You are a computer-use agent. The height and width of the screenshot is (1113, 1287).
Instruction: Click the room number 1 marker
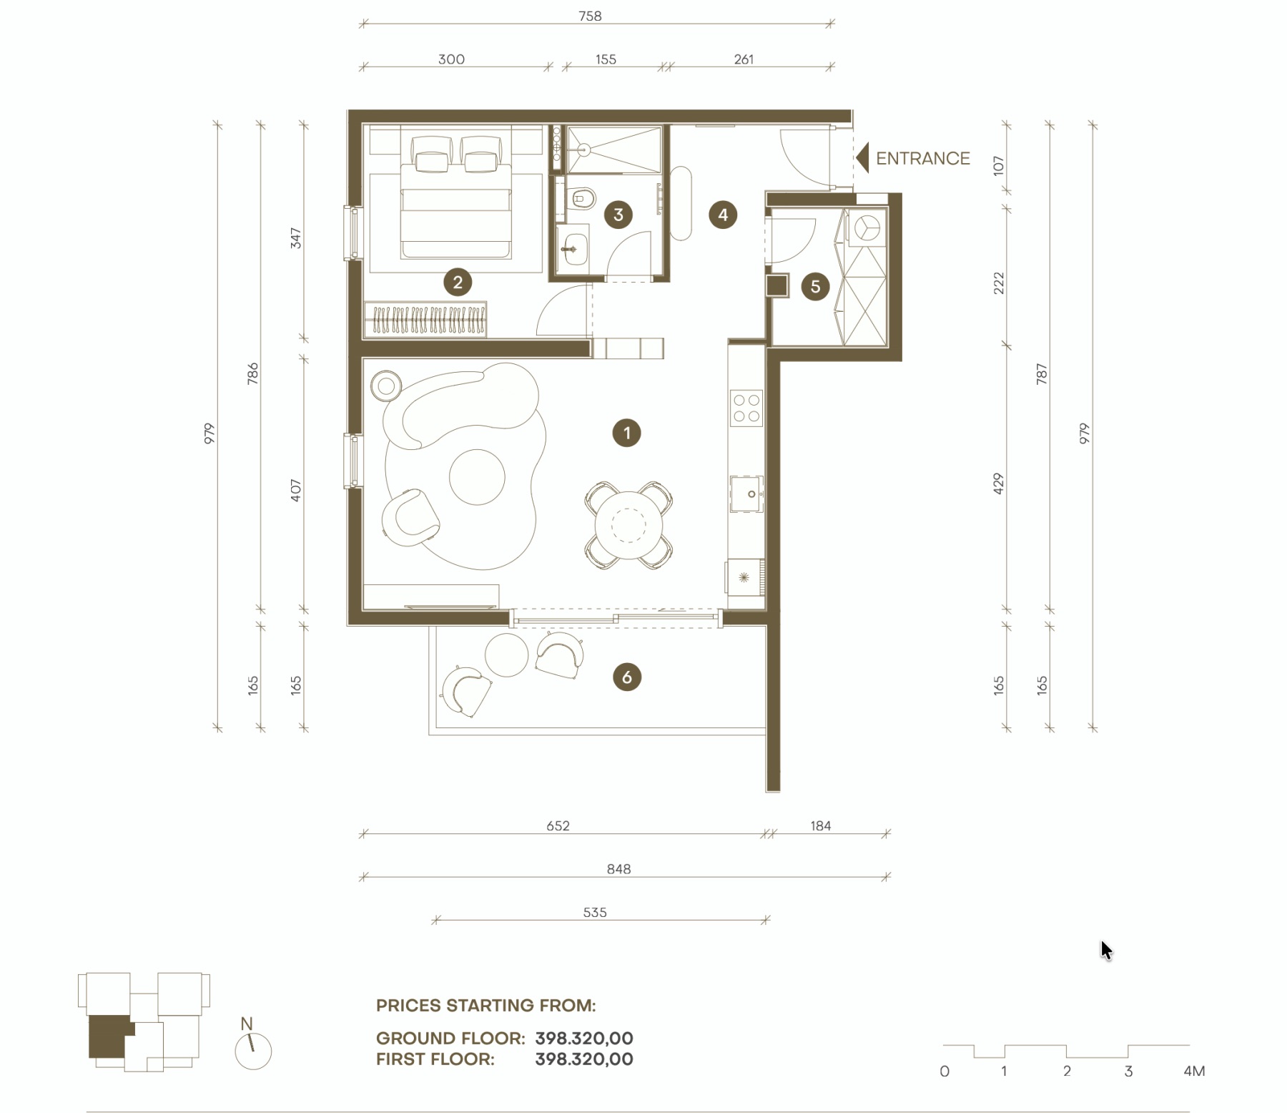point(626,433)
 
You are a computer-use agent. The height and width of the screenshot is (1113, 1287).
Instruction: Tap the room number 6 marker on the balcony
point(627,677)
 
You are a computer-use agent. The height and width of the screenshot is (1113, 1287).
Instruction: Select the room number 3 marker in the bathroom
point(618,215)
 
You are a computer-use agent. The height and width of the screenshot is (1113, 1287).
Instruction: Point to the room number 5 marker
point(815,287)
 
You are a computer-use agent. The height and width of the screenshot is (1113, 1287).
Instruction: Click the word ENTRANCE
point(923,158)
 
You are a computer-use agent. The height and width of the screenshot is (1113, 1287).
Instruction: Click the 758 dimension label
point(590,16)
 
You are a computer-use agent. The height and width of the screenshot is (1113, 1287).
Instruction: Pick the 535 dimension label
point(595,913)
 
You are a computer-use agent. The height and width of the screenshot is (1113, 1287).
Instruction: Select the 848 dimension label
point(619,869)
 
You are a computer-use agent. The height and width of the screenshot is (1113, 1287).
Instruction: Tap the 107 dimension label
point(999,166)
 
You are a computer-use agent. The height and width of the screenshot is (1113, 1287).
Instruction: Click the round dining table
point(629,526)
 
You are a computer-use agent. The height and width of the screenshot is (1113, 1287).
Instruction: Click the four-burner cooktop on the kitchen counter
point(746,408)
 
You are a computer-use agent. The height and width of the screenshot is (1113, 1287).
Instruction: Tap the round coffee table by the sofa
point(477,476)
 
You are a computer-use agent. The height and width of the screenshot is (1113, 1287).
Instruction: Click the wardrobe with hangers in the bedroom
point(425,319)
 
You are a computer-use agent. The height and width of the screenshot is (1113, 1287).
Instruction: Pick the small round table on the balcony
point(506,654)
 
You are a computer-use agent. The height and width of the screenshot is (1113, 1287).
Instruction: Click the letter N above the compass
point(247,1024)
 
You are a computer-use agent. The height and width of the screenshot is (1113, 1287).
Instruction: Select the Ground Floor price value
point(584,1038)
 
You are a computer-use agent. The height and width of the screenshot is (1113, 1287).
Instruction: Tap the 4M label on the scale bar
point(1194,1071)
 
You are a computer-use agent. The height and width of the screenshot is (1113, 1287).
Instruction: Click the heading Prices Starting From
point(486,1005)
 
